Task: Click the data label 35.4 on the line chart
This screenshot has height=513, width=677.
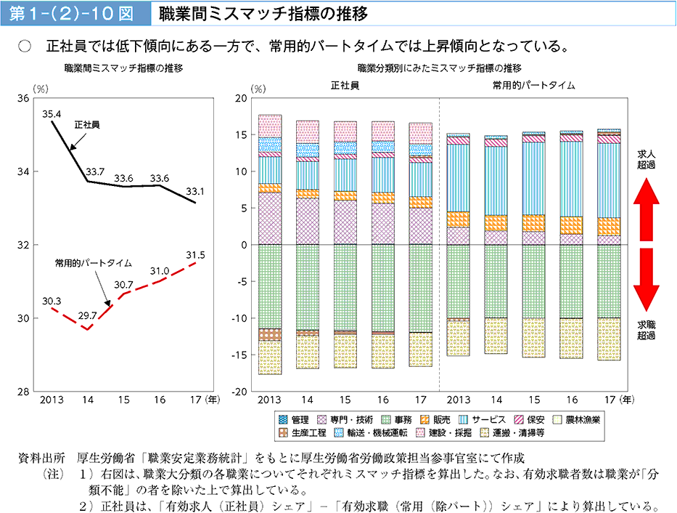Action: click(x=52, y=113)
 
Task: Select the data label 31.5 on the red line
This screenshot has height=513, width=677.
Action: click(x=196, y=255)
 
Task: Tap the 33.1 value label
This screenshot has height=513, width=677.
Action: click(x=194, y=192)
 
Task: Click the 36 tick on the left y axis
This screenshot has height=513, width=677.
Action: click(x=22, y=98)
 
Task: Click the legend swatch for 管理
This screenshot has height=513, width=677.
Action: click(x=283, y=420)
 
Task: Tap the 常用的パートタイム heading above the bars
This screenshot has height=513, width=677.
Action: click(x=533, y=85)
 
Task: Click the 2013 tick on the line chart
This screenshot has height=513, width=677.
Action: click(x=52, y=400)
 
